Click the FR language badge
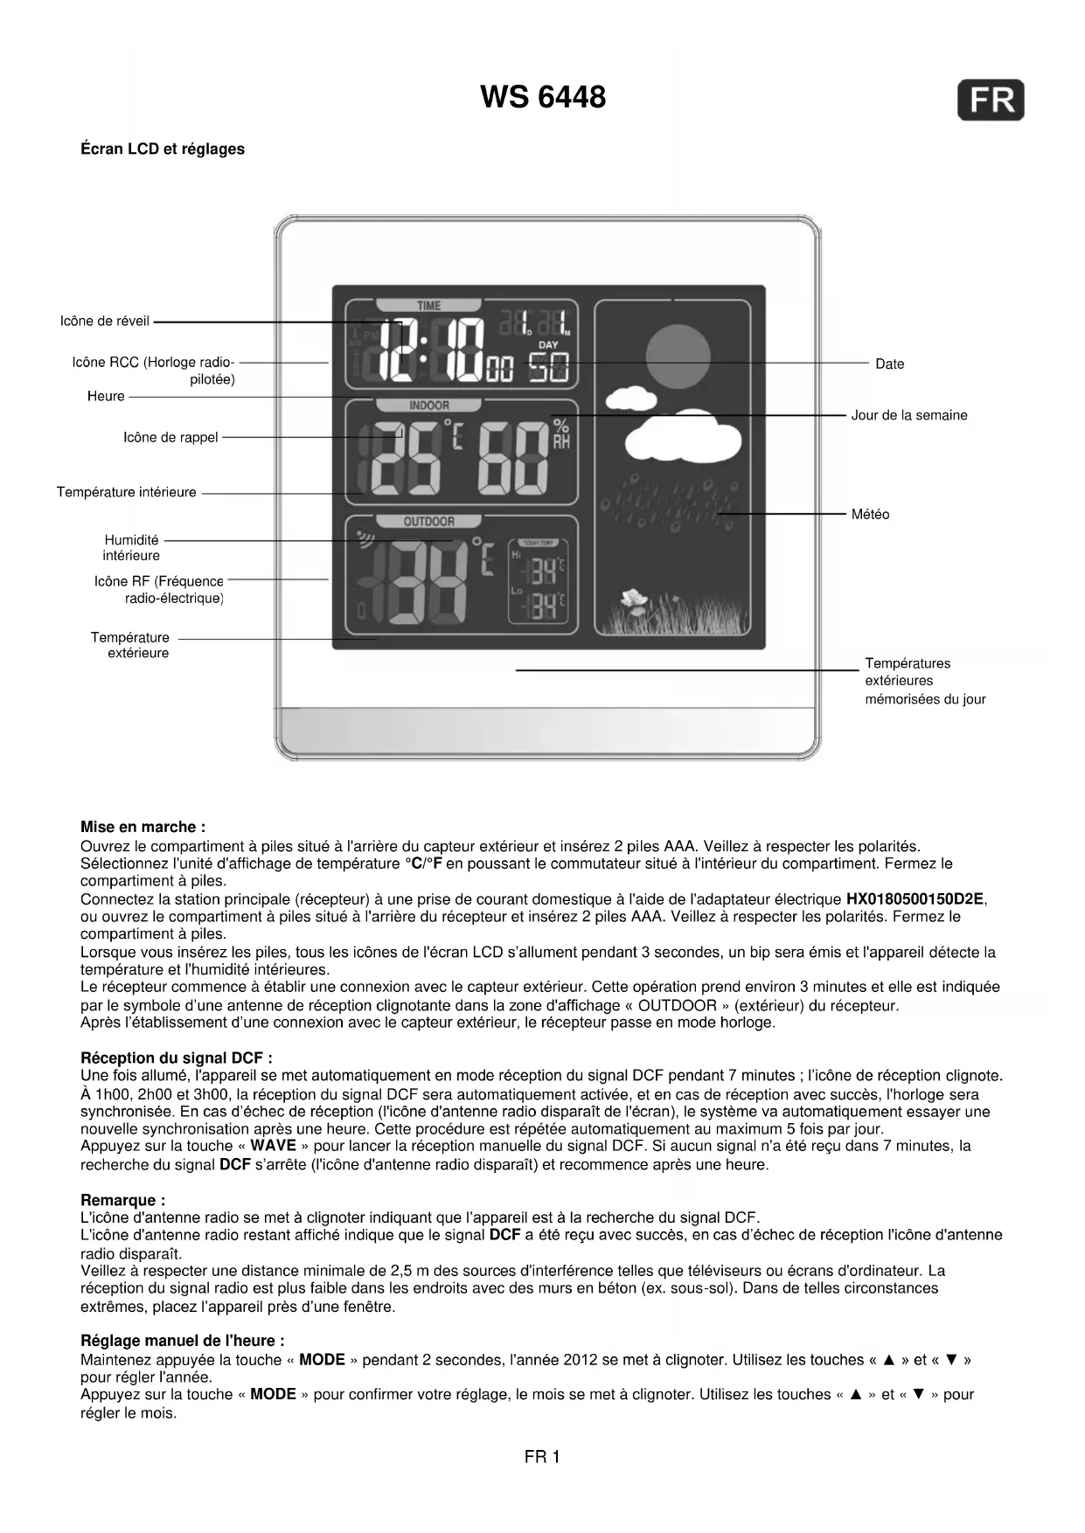tap(991, 100)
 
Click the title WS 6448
tap(542, 97)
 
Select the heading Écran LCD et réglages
tap(163, 149)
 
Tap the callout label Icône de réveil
tap(105, 321)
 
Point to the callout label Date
tap(889, 364)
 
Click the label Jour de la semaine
tap(909, 415)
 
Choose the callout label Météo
tap(870, 515)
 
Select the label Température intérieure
tap(127, 492)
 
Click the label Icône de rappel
tap(170, 437)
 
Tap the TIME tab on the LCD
tap(428, 306)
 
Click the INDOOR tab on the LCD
tap(428, 406)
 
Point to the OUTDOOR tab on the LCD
tap(428, 522)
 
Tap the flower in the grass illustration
tap(635, 600)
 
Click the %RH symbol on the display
tap(560, 434)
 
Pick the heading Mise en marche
tap(143, 827)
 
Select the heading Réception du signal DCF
tap(177, 1058)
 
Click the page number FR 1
tap(542, 1456)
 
